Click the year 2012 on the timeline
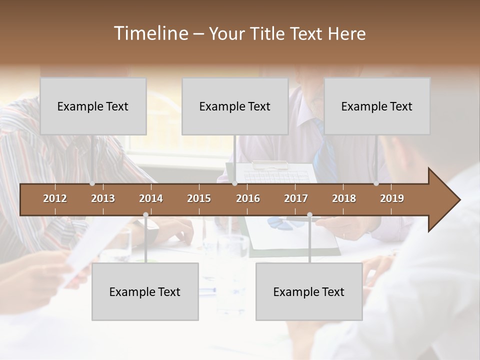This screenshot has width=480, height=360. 55,198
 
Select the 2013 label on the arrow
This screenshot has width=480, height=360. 103,198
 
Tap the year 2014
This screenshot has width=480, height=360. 151,198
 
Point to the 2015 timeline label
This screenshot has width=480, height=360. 199,198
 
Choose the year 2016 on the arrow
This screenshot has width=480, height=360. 248,198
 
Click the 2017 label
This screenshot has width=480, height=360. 296,198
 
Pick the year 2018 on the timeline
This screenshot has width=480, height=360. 344,198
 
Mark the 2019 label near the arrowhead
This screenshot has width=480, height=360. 392,198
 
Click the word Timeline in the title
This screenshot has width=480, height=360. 150,33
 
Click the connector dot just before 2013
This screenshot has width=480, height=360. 92,183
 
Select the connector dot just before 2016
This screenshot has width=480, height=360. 234,183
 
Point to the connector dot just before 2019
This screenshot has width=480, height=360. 376,183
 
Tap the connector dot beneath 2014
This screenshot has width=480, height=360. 145,215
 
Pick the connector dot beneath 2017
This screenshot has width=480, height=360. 309,215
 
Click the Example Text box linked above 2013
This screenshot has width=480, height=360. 93,106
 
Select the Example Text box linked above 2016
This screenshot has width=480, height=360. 235,106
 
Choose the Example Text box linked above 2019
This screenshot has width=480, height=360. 377,106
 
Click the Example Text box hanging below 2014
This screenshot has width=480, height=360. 145,292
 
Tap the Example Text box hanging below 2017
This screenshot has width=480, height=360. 309,292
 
